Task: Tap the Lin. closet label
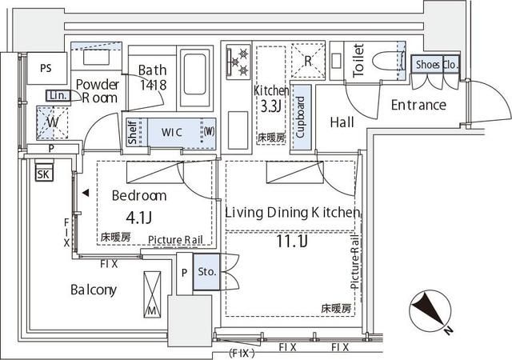[58, 96]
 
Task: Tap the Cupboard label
[301, 118]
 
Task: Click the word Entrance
[418, 105]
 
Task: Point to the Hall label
[342, 122]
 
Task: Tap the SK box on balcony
[44, 174]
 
